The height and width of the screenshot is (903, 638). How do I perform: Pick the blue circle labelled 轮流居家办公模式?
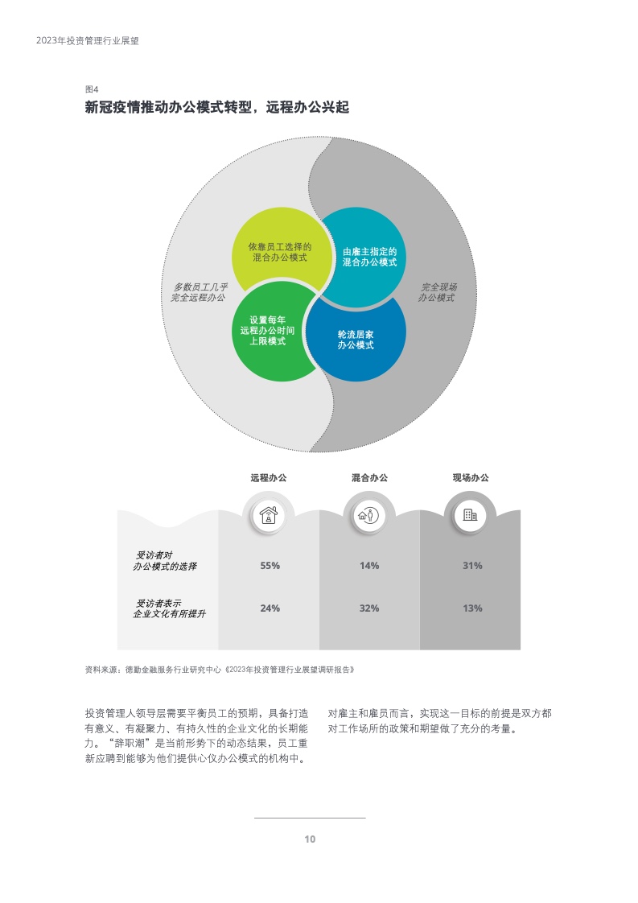coord(356,339)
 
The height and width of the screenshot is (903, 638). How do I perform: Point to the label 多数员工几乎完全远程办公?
coord(200,292)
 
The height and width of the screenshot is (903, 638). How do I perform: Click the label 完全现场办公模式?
coord(438,292)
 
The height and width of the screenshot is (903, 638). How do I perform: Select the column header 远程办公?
coord(269,477)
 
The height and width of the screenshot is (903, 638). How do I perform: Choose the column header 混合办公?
coord(369,477)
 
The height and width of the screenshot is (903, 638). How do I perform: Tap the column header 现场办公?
coord(471,477)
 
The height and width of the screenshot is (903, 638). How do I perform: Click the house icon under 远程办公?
coord(269,515)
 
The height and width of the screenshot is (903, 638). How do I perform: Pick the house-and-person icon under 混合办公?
coord(368,515)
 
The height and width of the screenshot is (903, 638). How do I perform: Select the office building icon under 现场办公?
coord(470,515)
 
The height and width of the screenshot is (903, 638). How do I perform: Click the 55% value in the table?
coord(270,566)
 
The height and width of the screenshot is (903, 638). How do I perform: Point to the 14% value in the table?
coord(369,566)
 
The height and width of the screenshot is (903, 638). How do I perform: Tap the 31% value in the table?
coord(472,566)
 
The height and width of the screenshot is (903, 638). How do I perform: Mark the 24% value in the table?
coord(270,608)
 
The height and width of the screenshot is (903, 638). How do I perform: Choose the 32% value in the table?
coord(369,608)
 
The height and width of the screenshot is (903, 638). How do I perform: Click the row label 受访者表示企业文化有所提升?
coord(169,608)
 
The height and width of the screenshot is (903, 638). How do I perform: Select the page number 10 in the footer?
coord(310,839)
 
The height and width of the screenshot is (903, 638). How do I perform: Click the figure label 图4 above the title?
coord(92,89)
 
